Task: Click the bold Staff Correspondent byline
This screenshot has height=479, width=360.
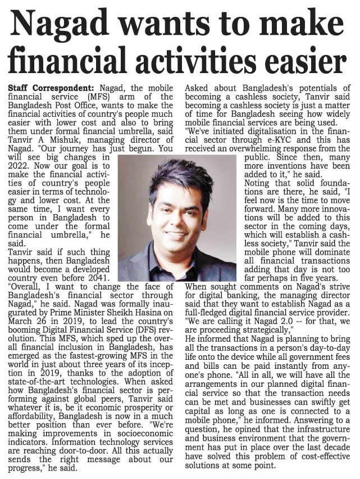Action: click(52, 89)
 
